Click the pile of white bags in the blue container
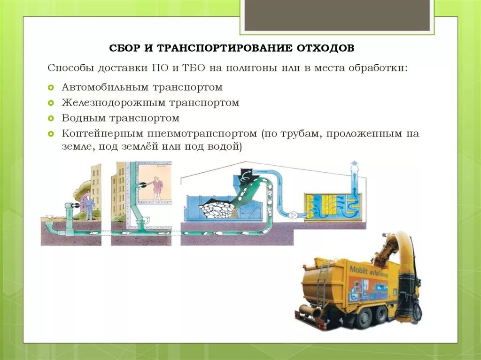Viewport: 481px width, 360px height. [x=217, y=209]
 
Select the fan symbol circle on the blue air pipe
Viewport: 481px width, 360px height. [x=293, y=215]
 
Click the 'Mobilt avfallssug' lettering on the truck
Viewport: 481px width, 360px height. [x=369, y=271]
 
